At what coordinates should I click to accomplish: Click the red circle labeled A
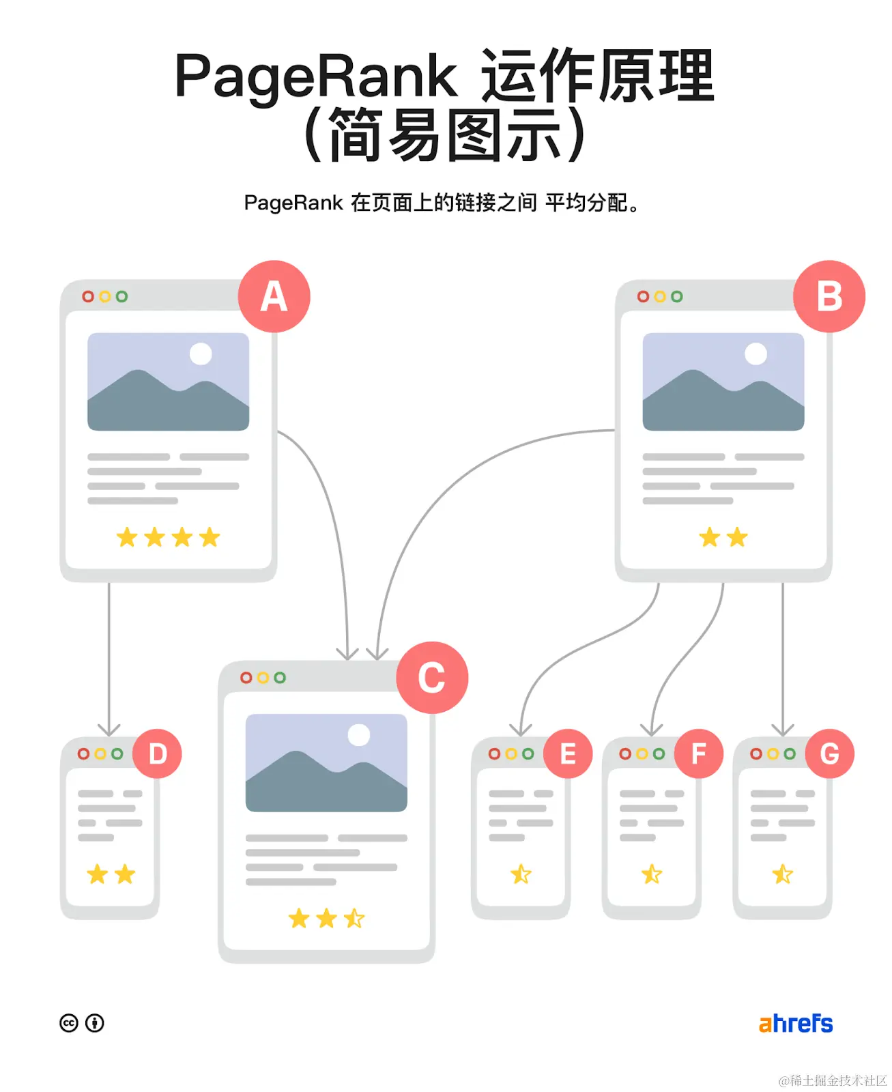274,297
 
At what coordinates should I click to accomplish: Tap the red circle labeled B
829,297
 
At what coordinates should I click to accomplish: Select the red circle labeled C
432,678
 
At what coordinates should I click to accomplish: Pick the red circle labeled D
158,753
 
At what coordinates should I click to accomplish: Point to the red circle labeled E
568,753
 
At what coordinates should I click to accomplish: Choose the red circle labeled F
698,753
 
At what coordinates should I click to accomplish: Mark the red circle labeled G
829,753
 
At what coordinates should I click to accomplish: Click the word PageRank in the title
315,76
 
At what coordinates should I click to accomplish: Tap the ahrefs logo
796,1023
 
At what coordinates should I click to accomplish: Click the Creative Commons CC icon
69,1023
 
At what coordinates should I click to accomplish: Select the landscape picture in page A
168,382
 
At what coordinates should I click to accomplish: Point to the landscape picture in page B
723,382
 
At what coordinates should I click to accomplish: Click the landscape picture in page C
326,762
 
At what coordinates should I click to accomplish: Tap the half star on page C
354,919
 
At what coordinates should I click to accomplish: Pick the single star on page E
521,874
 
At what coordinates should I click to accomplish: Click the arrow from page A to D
109,655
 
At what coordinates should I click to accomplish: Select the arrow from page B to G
783,655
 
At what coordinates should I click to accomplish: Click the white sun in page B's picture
756,354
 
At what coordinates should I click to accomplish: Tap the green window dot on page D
117,753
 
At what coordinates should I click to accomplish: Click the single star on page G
783,874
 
